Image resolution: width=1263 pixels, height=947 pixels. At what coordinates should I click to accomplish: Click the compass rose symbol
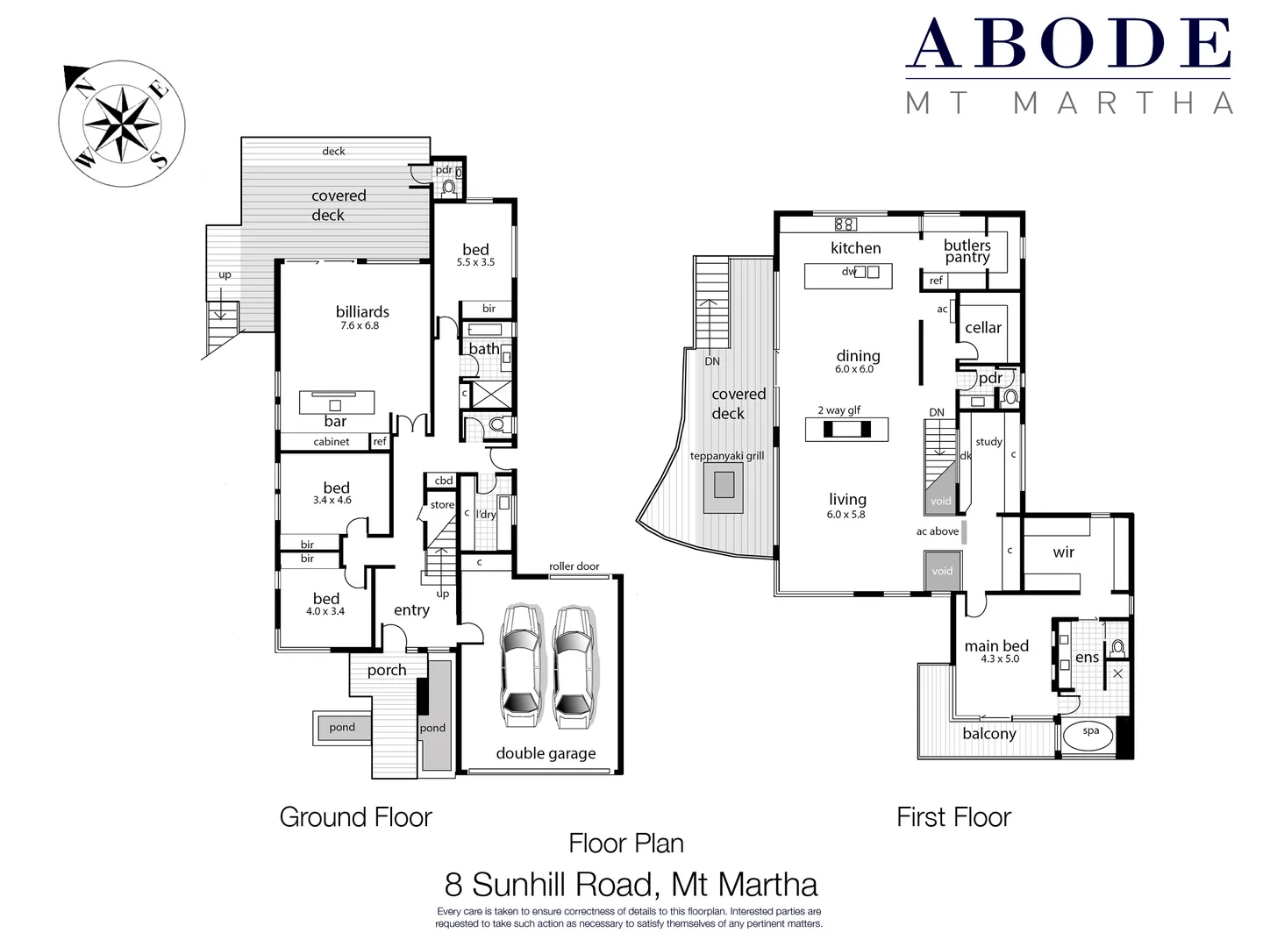tap(121, 124)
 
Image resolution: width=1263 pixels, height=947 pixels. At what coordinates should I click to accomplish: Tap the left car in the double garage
tap(520, 666)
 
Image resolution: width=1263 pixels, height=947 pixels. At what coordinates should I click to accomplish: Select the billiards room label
tap(362, 312)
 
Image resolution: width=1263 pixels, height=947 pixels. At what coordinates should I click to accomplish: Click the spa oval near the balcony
tap(1090, 735)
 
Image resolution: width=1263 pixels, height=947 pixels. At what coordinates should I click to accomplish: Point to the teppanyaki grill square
tap(724, 484)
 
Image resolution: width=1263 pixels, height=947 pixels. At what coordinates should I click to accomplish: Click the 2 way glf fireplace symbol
tap(846, 429)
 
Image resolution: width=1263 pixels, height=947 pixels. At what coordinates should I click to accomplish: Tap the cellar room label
tap(982, 328)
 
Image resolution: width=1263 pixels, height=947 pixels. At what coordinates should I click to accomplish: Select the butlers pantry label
tap(967, 251)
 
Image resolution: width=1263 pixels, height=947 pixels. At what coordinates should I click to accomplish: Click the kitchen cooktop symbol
tap(845, 224)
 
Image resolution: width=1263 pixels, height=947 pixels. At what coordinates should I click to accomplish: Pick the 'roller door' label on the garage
tap(574, 566)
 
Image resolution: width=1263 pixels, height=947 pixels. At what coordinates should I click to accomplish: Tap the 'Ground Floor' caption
tap(355, 817)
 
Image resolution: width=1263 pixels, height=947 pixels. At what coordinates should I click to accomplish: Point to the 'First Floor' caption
tap(953, 817)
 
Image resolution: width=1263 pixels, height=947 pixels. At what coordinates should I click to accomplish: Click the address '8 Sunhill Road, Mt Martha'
tap(631, 884)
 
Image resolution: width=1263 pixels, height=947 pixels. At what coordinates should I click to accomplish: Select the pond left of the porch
tap(342, 727)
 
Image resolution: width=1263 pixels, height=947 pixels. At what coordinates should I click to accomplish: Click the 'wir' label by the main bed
tap(1063, 552)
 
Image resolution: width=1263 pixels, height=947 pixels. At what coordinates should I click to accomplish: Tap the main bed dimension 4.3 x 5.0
tap(1000, 659)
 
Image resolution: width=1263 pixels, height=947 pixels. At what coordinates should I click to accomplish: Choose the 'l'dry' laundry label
tap(486, 515)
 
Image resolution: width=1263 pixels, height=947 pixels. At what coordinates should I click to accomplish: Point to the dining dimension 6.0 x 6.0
tap(854, 369)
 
